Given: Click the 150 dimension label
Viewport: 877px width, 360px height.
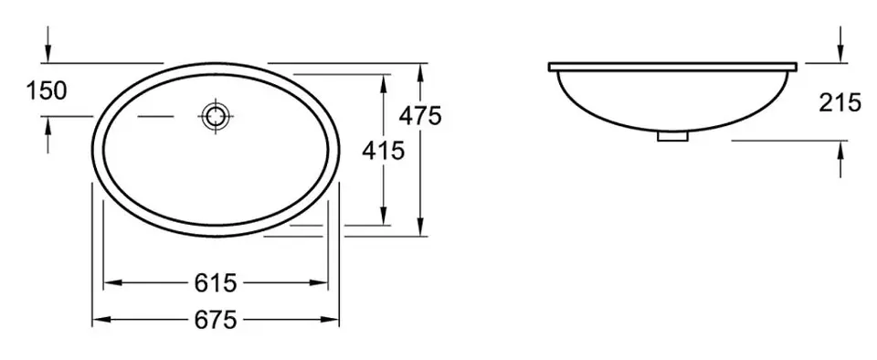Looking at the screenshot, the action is pos(47,90).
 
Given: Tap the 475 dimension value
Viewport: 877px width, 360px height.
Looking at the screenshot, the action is pos(420,116).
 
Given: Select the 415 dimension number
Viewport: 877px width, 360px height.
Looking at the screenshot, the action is pos(383,151).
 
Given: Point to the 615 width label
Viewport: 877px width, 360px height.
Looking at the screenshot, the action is pos(216,283).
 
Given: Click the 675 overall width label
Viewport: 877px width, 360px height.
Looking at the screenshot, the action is pos(216,321).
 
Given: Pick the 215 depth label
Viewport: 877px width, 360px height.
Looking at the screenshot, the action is pos(840,103).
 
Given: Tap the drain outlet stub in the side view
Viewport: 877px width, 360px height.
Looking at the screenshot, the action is pos(673,136).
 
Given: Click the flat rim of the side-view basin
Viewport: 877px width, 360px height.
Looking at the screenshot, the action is pos(672,67).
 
